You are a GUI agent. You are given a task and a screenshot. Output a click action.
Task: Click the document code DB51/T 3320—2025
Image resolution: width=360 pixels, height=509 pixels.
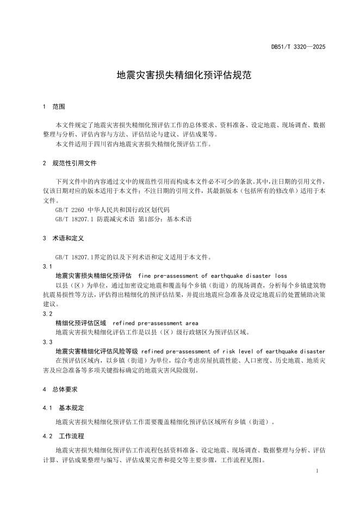[298, 47]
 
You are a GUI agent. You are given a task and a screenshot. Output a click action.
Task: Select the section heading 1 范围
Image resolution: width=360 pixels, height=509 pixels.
[54, 107]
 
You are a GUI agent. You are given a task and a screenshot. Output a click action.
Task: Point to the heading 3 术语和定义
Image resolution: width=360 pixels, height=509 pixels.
[63, 238]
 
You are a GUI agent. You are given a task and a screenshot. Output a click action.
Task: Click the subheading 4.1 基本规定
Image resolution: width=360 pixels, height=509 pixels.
[63, 407]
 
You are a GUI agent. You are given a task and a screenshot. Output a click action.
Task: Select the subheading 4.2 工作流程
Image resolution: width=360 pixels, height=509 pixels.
[63, 436]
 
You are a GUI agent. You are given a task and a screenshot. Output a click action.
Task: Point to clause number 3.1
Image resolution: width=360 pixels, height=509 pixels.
[47, 266]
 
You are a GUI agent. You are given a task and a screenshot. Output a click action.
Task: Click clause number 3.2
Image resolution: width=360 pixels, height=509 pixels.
[47, 314]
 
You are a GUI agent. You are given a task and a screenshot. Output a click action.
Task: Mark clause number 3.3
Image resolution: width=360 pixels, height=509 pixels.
[47, 342]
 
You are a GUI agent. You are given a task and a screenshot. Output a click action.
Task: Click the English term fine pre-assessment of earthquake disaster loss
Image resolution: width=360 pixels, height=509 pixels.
[213, 276]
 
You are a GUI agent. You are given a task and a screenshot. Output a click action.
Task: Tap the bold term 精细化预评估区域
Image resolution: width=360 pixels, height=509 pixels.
[81, 323]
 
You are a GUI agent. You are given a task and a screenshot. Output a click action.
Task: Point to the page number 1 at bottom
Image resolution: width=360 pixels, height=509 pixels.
[316, 472]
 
